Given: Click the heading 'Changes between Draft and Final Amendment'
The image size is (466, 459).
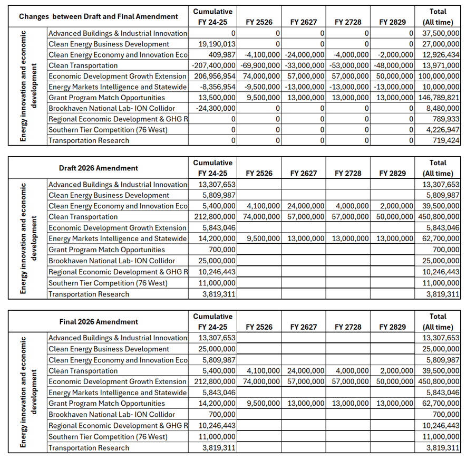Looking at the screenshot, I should [x=98, y=16].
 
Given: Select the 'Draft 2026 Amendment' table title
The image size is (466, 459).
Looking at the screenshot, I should [x=98, y=168].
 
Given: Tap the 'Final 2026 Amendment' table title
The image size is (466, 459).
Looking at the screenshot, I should [x=99, y=322].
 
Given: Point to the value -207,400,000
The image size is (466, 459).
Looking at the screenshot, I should [x=212, y=65].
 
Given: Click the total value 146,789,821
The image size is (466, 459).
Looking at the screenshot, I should [x=438, y=98].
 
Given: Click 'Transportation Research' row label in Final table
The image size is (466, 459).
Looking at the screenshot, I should [x=89, y=448].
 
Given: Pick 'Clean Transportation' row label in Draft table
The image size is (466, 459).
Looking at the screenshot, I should [x=83, y=217].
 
